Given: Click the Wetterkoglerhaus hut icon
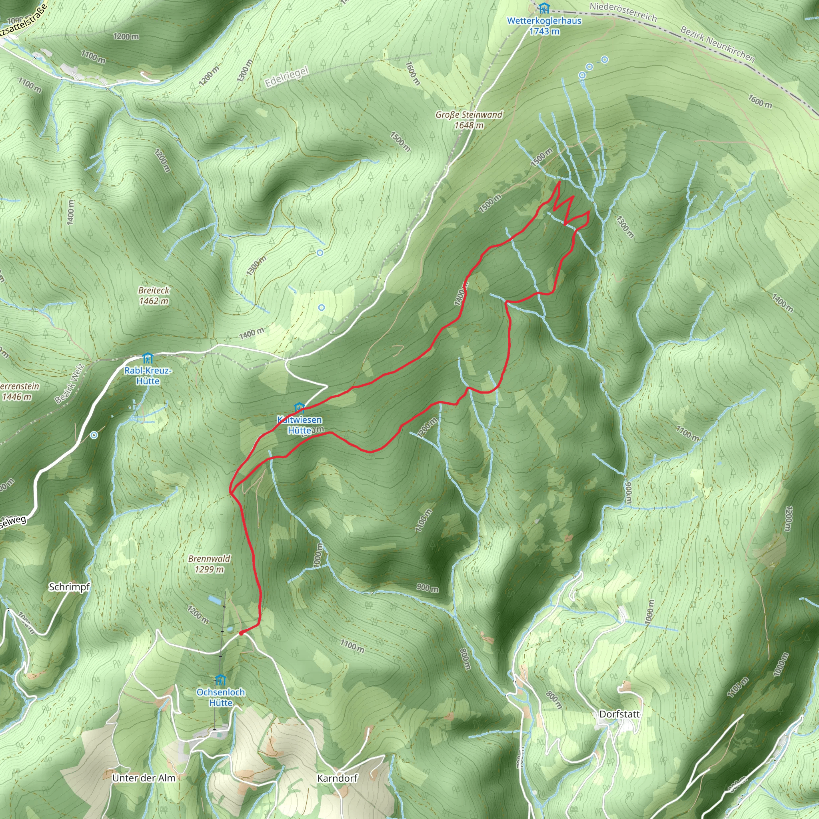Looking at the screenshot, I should [x=544, y=8].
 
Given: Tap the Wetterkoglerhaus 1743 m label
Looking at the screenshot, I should [x=544, y=26].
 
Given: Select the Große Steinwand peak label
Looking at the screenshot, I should [x=469, y=120].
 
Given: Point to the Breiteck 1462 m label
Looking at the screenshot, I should [x=154, y=296].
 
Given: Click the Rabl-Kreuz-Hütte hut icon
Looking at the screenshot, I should [x=148, y=359].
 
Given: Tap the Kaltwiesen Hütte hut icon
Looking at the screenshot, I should [x=300, y=408].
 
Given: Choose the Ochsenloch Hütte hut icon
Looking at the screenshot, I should [x=220, y=680].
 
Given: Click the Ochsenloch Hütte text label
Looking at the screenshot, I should [x=220, y=697].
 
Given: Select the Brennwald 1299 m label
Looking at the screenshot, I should [x=209, y=564].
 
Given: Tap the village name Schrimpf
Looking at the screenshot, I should [x=69, y=587].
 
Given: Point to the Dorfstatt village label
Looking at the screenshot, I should [x=619, y=714].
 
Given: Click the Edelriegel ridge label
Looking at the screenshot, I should [x=287, y=77].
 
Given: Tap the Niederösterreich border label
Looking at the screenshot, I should [x=623, y=12].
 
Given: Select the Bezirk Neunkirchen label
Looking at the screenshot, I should [x=717, y=44].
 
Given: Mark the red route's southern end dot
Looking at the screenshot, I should [x=241, y=633].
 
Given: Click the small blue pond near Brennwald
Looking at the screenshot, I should [x=214, y=600].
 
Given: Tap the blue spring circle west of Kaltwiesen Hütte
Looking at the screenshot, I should [x=94, y=435].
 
